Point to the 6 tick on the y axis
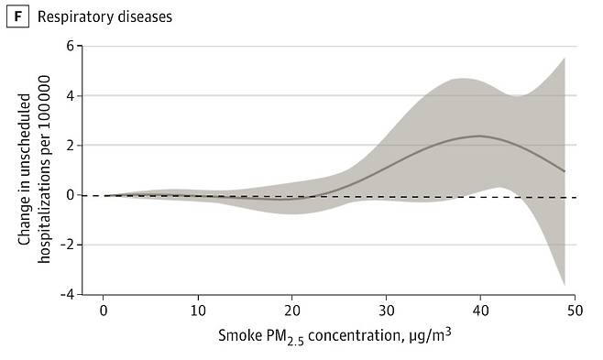pyautogui.click(x=69, y=46)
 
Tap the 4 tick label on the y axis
pyautogui.click(x=69, y=95)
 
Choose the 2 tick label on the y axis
pyautogui.click(x=69, y=145)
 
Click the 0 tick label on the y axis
pyautogui.click(x=69, y=195)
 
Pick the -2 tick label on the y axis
pyautogui.click(x=66, y=245)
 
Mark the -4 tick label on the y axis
pyautogui.click(x=66, y=294)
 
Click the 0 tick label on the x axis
pyautogui.click(x=103, y=311)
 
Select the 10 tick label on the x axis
pyautogui.click(x=197, y=311)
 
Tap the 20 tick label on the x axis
pyautogui.click(x=291, y=311)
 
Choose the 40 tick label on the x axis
pyautogui.click(x=480, y=311)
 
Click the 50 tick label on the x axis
pyautogui.click(x=575, y=311)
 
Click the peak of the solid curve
pyautogui.click(x=479, y=136)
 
